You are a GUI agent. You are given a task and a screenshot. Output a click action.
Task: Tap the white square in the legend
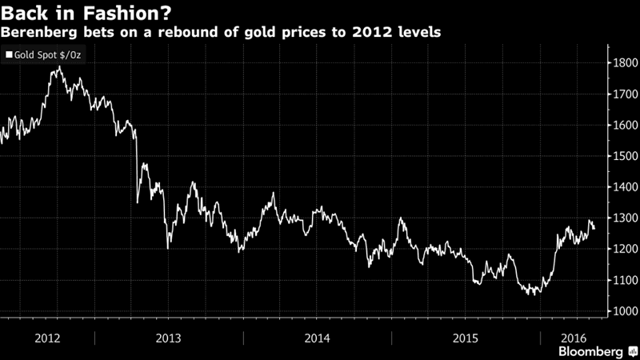click(x=10, y=56)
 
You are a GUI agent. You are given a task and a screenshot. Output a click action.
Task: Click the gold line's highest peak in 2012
click(x=58, y=67)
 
